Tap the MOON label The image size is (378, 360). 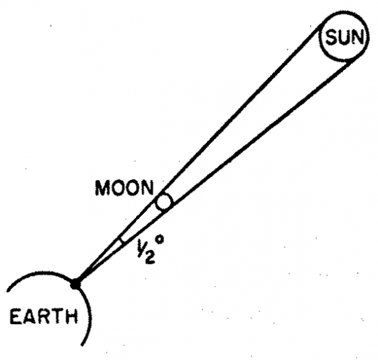(x=125, y=188)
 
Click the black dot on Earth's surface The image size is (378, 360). (x=76, y=284)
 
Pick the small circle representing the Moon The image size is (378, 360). (x=164, y=202)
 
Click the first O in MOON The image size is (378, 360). (x=118, y=188)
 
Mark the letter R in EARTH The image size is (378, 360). (x=43, y=316)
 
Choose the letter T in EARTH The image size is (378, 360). (x=56, y=316)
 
